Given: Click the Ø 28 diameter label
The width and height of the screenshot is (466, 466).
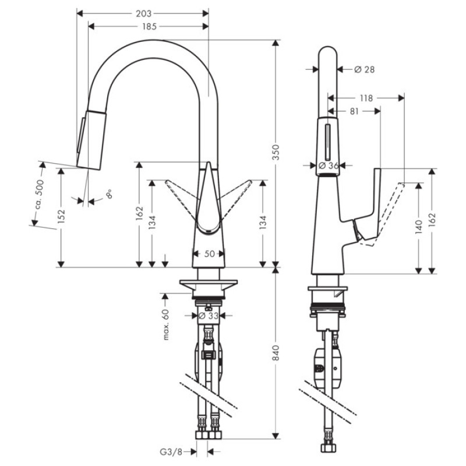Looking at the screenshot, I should point(364,69).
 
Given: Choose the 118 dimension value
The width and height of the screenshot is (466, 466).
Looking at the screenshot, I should point(366,98).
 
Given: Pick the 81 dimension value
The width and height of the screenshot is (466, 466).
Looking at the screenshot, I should point(354,110).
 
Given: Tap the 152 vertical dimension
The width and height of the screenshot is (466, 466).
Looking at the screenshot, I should point(61,216).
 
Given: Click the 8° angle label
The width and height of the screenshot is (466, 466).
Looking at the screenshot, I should point(108,194).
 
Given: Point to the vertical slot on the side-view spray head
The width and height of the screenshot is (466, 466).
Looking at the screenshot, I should point(328,142).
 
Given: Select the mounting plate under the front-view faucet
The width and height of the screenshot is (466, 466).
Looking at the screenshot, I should point(209,287).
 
